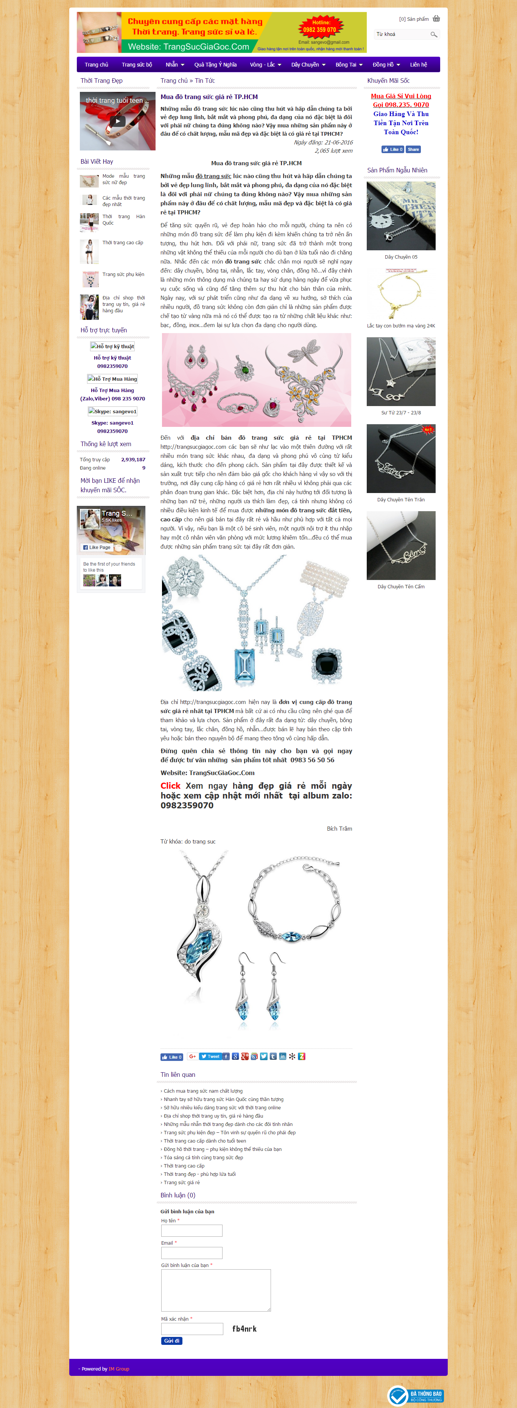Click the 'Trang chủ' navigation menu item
coord(96,65)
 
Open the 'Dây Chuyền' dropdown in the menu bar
coord(307,65)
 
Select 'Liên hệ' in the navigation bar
coord(419,65)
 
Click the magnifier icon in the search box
coord(433,34)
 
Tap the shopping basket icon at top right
coord(436,19)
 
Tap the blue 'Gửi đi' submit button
coord(172,1340)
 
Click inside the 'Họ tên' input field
coord(192,1230)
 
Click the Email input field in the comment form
coord(192,1253)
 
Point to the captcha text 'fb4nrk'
coord(244,1329)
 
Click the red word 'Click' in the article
coord(170,785)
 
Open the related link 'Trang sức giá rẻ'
coord(182,1182)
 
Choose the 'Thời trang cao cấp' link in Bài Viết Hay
coord(123,243)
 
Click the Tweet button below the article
coord(210,1056)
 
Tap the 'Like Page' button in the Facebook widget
coord(97,547)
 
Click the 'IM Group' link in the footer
coord(119,1369)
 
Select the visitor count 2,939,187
coord(133,460)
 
